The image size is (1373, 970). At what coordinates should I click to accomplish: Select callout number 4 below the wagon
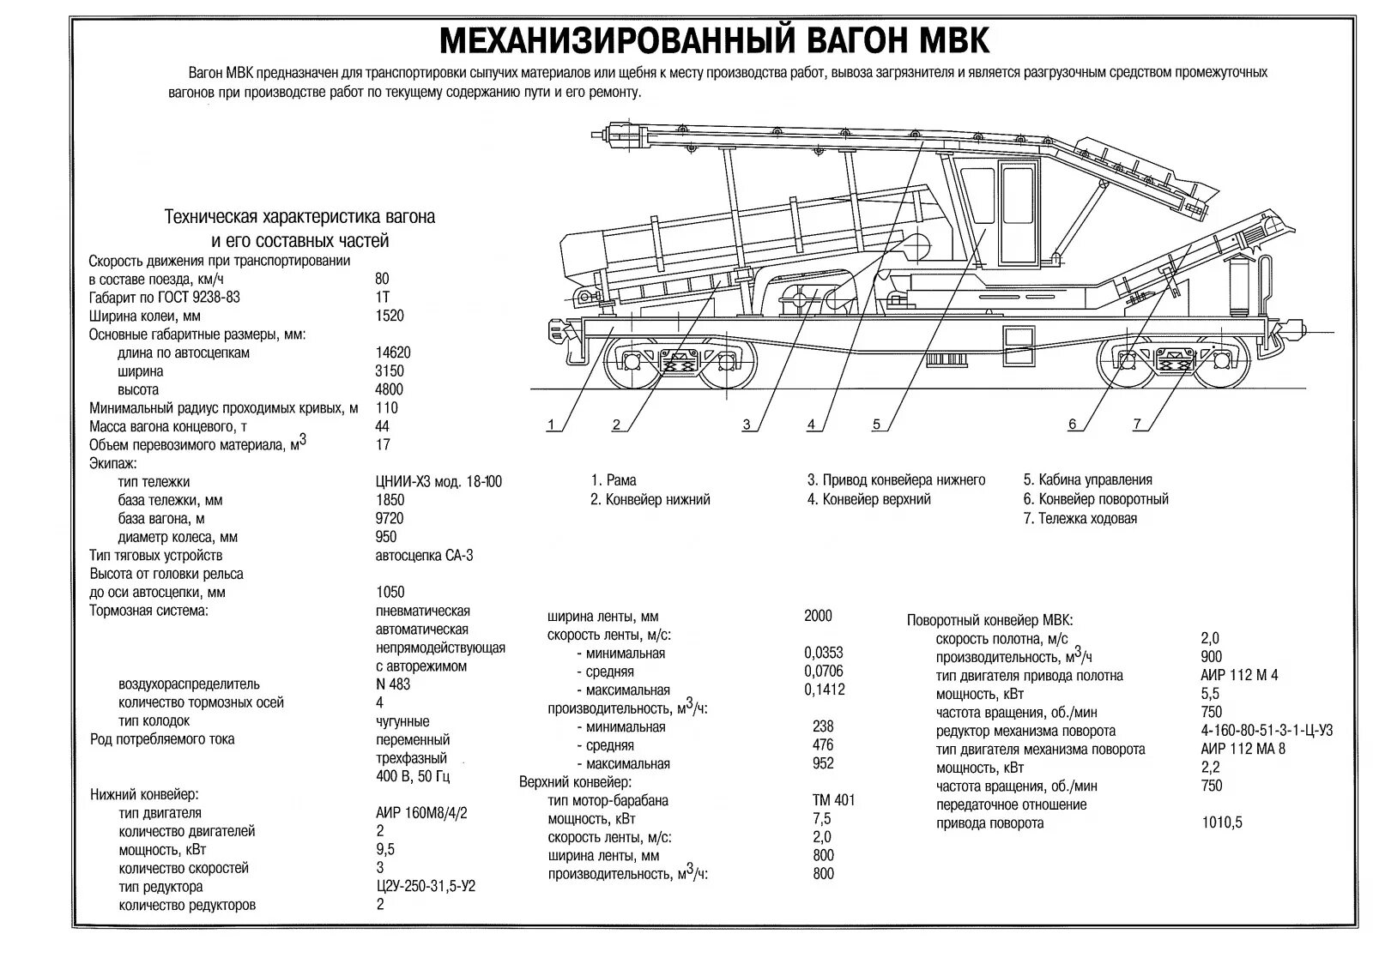click(x=811, y=425)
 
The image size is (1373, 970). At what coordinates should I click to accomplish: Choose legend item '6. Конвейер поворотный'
click(x=1096, y=499)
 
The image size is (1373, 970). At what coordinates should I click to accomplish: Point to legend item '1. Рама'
click(x=614, y=480)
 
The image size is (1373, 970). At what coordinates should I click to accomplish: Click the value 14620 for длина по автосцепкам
click(x=393, y=352)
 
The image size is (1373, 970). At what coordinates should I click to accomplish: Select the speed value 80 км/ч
click(x=382, y=279)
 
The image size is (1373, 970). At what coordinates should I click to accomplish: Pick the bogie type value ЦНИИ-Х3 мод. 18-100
click(x=439, y=482)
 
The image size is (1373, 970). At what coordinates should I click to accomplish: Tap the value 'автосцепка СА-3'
click(x=424, y=556)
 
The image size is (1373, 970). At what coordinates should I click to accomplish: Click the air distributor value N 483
click(x=393, y=684)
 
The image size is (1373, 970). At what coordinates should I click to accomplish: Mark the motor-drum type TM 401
click(x=833, y=800)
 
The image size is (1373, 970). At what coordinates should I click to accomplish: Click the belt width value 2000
click(x=818, y=616)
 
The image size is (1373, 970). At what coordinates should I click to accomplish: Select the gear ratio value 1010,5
click(x=1222, y=823)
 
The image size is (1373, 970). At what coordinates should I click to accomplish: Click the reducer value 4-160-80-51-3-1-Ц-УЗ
click(x=1267, y=731)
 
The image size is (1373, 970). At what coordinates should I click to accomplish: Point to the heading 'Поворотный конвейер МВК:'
click(x=989, y=620)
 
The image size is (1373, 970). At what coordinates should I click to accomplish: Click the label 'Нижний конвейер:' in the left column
click(x=144, y=794)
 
